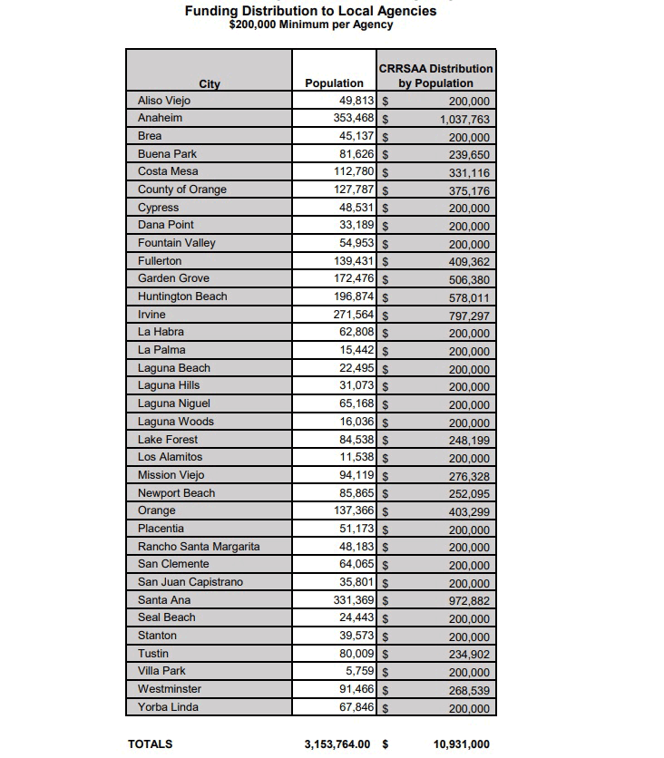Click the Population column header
(334, 83)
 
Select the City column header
(210, 84)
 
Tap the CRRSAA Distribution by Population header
(435, 75)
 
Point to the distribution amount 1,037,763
(464, 119)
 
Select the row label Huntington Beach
(182, 296)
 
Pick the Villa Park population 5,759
(360, 671)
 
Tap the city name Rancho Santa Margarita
(199, 547)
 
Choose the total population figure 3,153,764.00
(338, 743)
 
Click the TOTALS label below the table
(151, 743)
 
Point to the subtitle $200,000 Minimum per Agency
(311, 25)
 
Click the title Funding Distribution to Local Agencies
(310, 11)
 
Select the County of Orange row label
(182, 189)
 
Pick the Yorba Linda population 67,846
(356, 706)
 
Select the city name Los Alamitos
(170, 457)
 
